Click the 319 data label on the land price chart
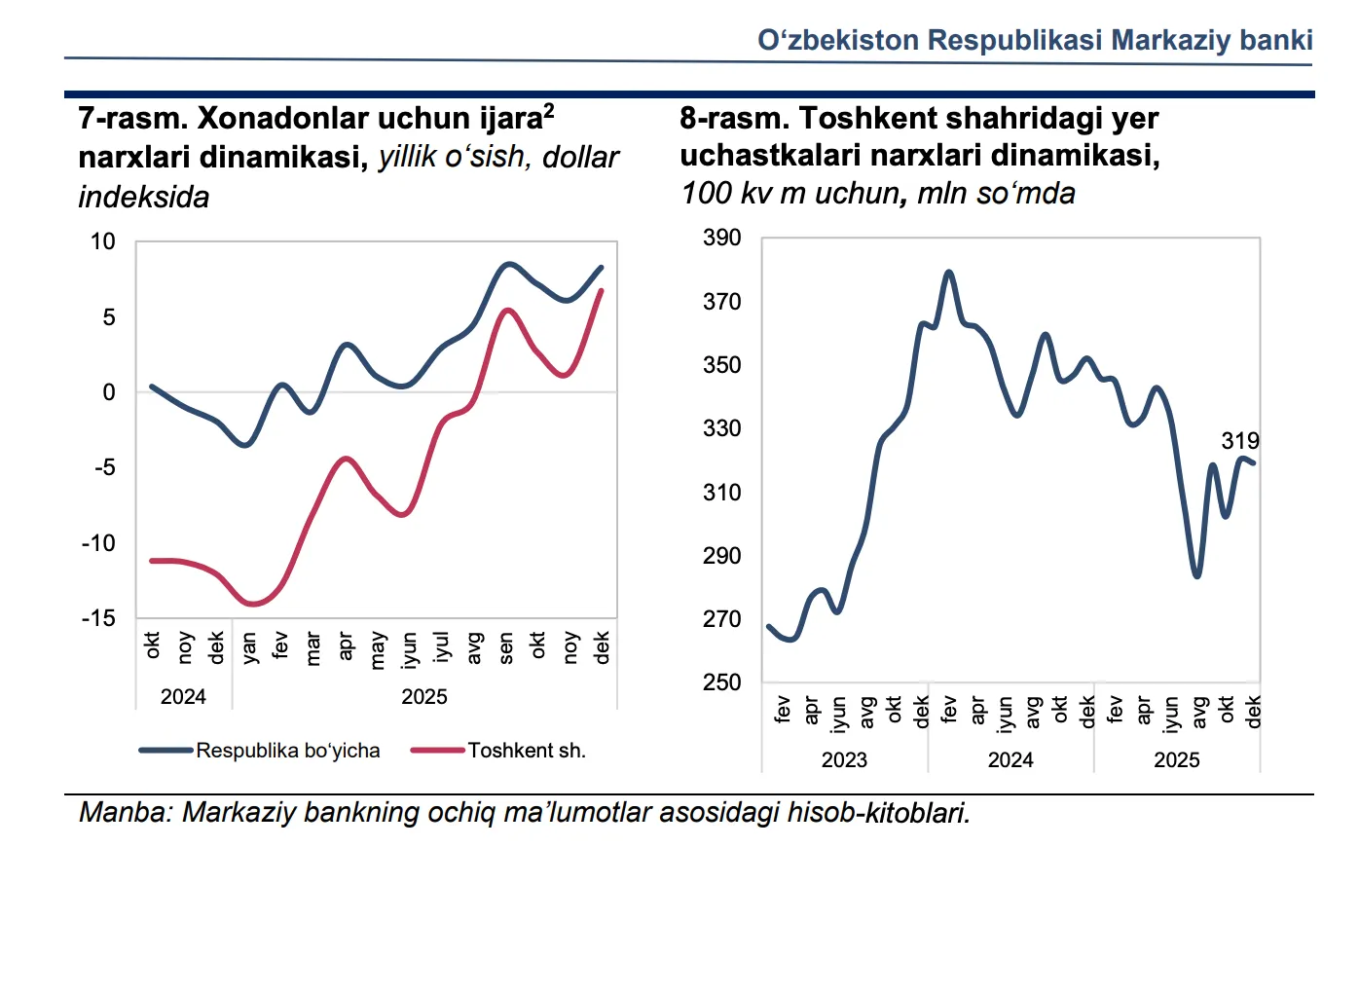pyautogui.click(x=1239, y=441)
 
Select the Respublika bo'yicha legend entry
pyautogui.click(x=287, y=751)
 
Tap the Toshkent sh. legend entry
pyautogui.click(x=526, y=751)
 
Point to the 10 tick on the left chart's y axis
pyautogui.click(x=103, y=241)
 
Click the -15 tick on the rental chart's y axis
pyautogui.click(x=98, y=618)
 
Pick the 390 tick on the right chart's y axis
pyautogui.click(x=722, y=238)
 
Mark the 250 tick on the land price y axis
pyautogui.click(x=722, y=682)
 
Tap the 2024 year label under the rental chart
pyautogui.click(x=183, y=697)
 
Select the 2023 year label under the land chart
pyautogui.click(x=844, y=760)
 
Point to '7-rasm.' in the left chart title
pyautogui.click(x=133, y=119)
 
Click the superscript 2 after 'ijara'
pyautogui.click(x=549, y=109)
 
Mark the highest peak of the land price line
pyautogui.click(x=949, y=272)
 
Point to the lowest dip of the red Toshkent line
pyautogui.click(x=253, y=605)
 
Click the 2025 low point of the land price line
pyautogui.click(x=1197, y=576)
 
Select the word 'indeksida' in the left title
pyautogui.click(x=144, y=197)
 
